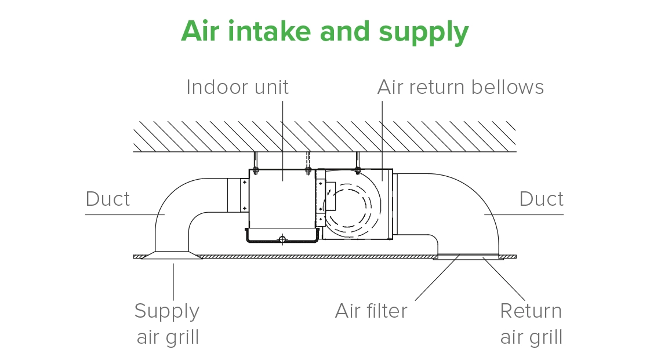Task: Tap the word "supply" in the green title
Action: pyautogui.click(x=424, y=32)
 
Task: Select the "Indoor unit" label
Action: pyautogui.click(x=237, y=87)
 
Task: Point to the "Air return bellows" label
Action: pyautogui.click(x=460, y=87)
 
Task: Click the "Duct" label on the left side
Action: pyautogui.click(x=108, y=199)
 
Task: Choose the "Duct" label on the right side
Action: pyautogui.click(x=541, y=199)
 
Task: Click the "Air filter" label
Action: pyautogui.click(x=371, y=311)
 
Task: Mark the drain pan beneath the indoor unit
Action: pyautogui.click(x=282, y=235)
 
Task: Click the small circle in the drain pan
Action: pyautogui.click(x=282, y=239)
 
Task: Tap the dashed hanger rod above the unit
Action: pyautogui.click(x=308, y=161)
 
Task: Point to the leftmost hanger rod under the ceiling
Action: pyautogui.click(x=254, y=161)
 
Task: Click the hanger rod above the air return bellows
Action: pyautogui.click(x=358, y=161)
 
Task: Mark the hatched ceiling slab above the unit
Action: pyautogui.click(x=325, y=137)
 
